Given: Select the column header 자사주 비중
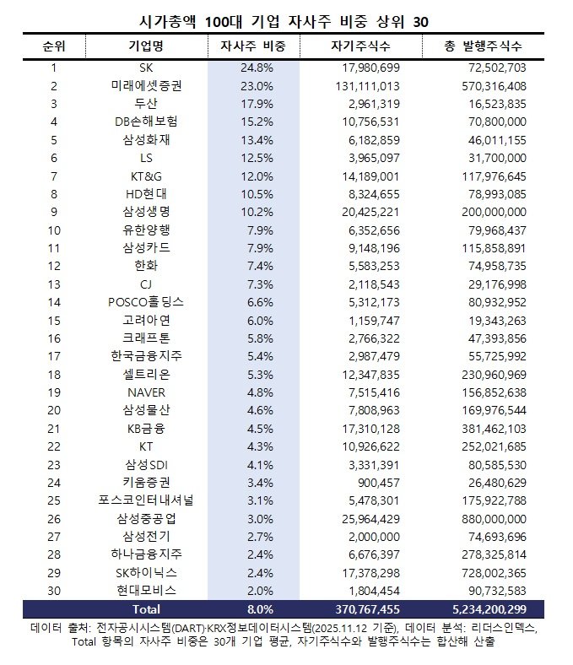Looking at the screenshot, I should (252, 46).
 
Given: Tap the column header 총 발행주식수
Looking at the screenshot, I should (483, 46).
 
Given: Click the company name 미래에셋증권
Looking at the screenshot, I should (146, 85).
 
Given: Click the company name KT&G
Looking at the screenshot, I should (146, 176).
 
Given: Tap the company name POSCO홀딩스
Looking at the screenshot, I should (146, 301).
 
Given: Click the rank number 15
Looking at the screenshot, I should (54, 320).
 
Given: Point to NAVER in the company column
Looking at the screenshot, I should (146, 392).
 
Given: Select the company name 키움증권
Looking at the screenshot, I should (146, 482).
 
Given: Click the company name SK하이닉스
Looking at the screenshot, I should (146, 572).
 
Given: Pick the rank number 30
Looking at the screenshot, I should (54, 590).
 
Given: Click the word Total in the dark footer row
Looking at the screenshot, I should (146, 608).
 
